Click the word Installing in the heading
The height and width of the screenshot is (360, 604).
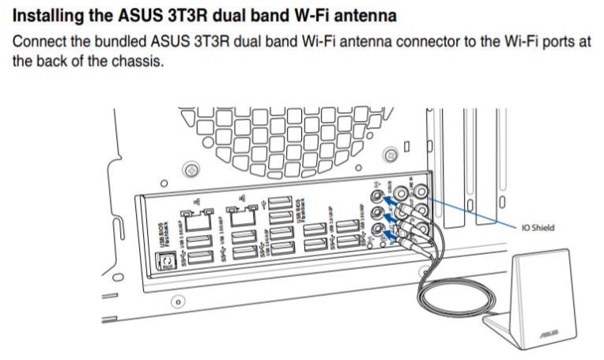pos(46,15)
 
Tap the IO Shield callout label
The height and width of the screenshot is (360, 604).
pos(538,227)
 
